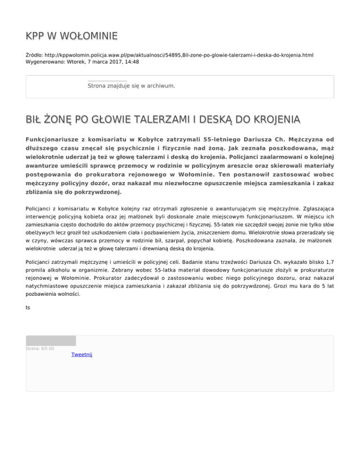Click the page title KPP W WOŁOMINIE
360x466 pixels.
(x=71, y=36)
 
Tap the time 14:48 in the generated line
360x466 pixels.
(x=131, y=61)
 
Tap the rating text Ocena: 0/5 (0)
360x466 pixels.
(x=40, y=348)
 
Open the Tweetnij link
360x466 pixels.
(x=82, y=355)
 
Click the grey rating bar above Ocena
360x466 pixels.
(x=51, y=341)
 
